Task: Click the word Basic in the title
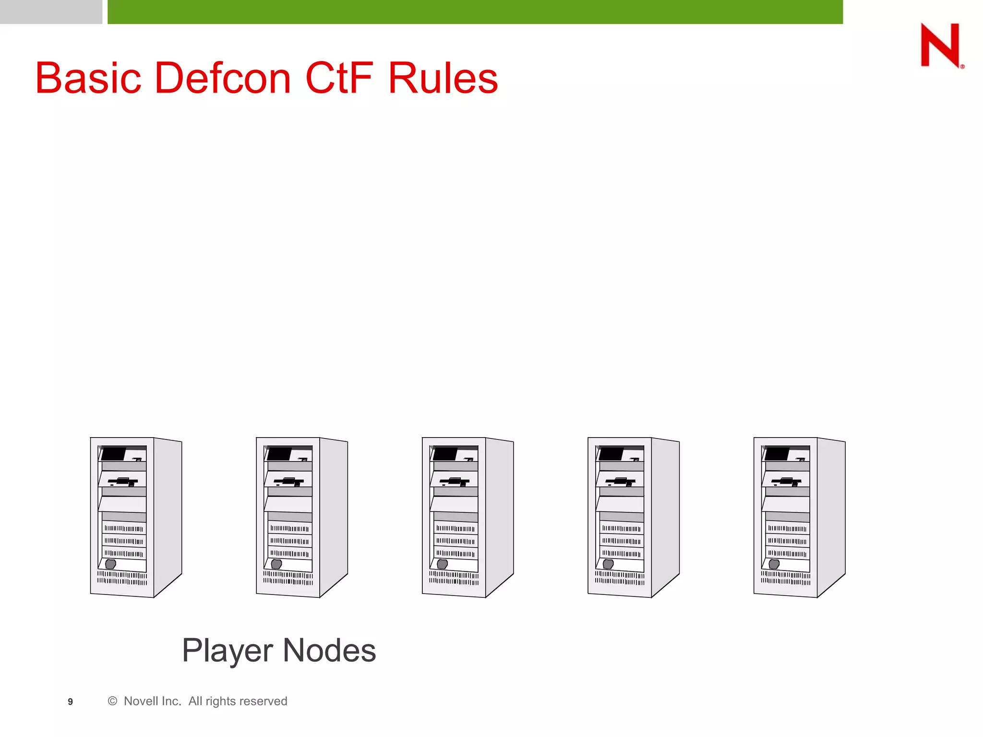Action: click(x=88, y=78)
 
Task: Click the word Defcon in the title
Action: click(x=223, y=78)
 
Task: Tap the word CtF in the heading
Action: click(x=338, y=78)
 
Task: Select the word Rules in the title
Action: click(x=443, y=78)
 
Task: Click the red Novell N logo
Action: click(x=940, y=45)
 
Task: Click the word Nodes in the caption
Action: click(x=329, y=651)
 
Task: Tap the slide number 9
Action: click(x=70, y=701)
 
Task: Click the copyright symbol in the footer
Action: click(x=112, y=701)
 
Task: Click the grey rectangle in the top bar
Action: click(x=51, y=12)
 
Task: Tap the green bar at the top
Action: click(x=475, y=12)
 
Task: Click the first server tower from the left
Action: click(x=136, y=517)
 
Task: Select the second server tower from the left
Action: click(x=301, y=517)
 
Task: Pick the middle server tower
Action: click(x=468, y=517)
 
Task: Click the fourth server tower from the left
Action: click(x=633, y=517)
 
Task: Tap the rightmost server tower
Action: click(x=799, y=517)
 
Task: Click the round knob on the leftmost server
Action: click(x=110, y=564)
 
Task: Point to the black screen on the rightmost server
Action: click(x=777, y=453)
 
